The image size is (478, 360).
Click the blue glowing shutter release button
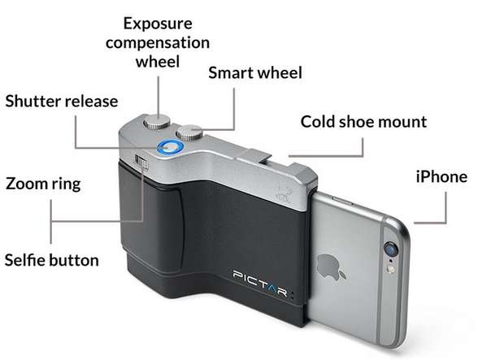point(171,148)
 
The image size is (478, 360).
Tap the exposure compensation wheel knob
point(157,121)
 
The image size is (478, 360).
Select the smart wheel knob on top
point(190,132)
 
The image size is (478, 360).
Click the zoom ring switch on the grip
point(141,161)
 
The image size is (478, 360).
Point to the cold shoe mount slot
point(254,155)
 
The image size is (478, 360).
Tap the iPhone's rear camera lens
point(392,249)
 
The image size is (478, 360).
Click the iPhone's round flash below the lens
point(390,269)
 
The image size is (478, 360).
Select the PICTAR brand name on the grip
point(260,283)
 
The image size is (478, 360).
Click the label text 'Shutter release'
point(62,102)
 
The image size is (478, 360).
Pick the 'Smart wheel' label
point(255,73)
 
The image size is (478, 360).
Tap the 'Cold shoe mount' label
point(363,122)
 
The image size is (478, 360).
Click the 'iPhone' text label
point(441,177)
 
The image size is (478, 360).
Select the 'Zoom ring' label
point(43,184)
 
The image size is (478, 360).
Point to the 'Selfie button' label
point(52,260)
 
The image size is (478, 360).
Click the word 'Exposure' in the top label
point(158,24)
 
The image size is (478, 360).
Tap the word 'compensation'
point(158,43)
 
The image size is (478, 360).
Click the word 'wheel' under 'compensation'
point(158,61)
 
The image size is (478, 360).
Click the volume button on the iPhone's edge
point(342,201)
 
